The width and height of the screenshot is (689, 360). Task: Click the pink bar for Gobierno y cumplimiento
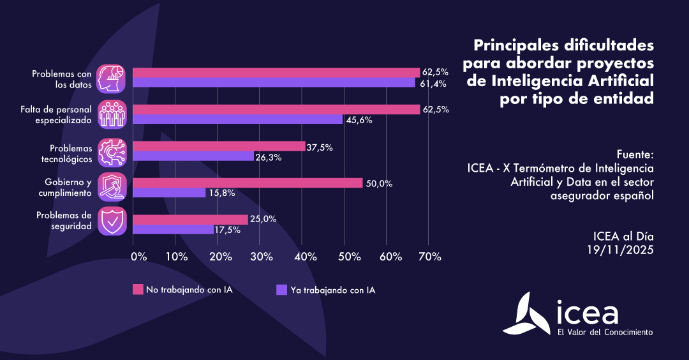click(x=248, y=183)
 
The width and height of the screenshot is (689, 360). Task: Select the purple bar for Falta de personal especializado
click(x=237, y=119)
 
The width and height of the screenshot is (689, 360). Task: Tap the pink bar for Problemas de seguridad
click(x=190, y=220)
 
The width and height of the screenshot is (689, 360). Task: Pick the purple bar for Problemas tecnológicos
click(x=193, y=156)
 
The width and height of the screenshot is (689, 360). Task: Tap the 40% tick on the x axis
click(x=306, y=257)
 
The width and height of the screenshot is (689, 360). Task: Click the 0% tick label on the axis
click(x=138, y=257)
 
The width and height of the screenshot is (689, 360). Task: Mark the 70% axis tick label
click(x=429, y=257)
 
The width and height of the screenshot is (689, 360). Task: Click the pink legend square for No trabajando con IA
click(x=138, y=290)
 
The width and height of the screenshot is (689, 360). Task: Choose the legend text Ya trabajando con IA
click(x=332, y=290)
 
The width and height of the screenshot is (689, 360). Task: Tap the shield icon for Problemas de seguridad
click(x=111, y=220)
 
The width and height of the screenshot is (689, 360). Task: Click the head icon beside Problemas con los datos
click(x=111, y=78)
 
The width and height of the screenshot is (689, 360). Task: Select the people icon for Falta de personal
click(x=111, y=114)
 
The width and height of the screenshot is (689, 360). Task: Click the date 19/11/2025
click(x=620, y=250)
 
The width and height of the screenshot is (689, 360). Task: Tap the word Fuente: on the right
click(x=635, y=155)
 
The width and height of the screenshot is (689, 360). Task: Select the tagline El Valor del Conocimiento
click(x=605, y=332)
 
